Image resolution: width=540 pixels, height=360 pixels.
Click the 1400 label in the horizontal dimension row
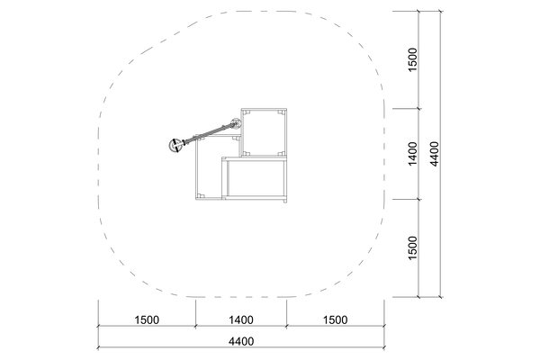pyautogui.click(x=241, y=320)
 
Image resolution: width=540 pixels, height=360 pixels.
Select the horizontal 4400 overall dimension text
pyautogui.click(x=241, y=341)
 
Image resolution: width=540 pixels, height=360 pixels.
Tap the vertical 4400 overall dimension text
pyautogui.click(x=435, y=154)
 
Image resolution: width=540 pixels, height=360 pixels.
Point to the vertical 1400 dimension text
pyautogui.click(x=412, y=154)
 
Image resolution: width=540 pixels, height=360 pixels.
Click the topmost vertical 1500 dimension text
pyautogui.click(x=412, y=60)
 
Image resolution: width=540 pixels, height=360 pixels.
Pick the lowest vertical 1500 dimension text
pyautogui.click(x=412, y=248)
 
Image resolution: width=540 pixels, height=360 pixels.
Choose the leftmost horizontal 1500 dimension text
pyautogui.click(x=147, y=320)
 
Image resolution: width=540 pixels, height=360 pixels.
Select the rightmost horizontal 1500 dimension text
pyautogui.click(x=335, y=320)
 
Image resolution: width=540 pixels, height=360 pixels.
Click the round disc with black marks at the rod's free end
pyautogui.click(x=175, y=145)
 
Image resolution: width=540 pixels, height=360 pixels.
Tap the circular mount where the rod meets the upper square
pyautogui.click(x=236, y=123)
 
